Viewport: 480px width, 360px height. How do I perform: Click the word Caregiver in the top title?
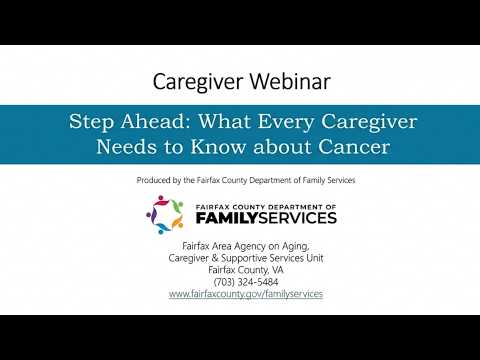pyautogui.click(x=198, y=82)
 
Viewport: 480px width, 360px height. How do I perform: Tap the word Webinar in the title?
pyautogui.click(x=290, y=81)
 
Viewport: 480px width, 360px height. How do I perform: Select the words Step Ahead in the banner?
pyautogui.click(x=127, y=122)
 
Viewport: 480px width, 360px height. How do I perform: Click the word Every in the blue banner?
pyautogui.click(x=286, y=122)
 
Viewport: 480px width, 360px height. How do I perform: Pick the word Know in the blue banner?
pyautogui.click(x=219, y=147)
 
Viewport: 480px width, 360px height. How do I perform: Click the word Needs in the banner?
pyautogui.click(x=126, y=147)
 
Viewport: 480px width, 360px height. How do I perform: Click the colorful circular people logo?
pyautogui.click(x=165, y=215)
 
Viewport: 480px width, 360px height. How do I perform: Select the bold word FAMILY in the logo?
pyautogui.click(x=227, y=218)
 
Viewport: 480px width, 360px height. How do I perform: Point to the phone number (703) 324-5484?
pyautogui.click(x=246, y=282)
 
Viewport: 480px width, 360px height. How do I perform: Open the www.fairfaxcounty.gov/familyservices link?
pyautogui.click(x=246, y=294)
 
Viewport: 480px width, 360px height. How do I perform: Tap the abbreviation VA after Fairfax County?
pyautogui.click(x=278, y=270)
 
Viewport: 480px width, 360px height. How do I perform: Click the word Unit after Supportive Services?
pyautogui.click(x=315, y=258)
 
